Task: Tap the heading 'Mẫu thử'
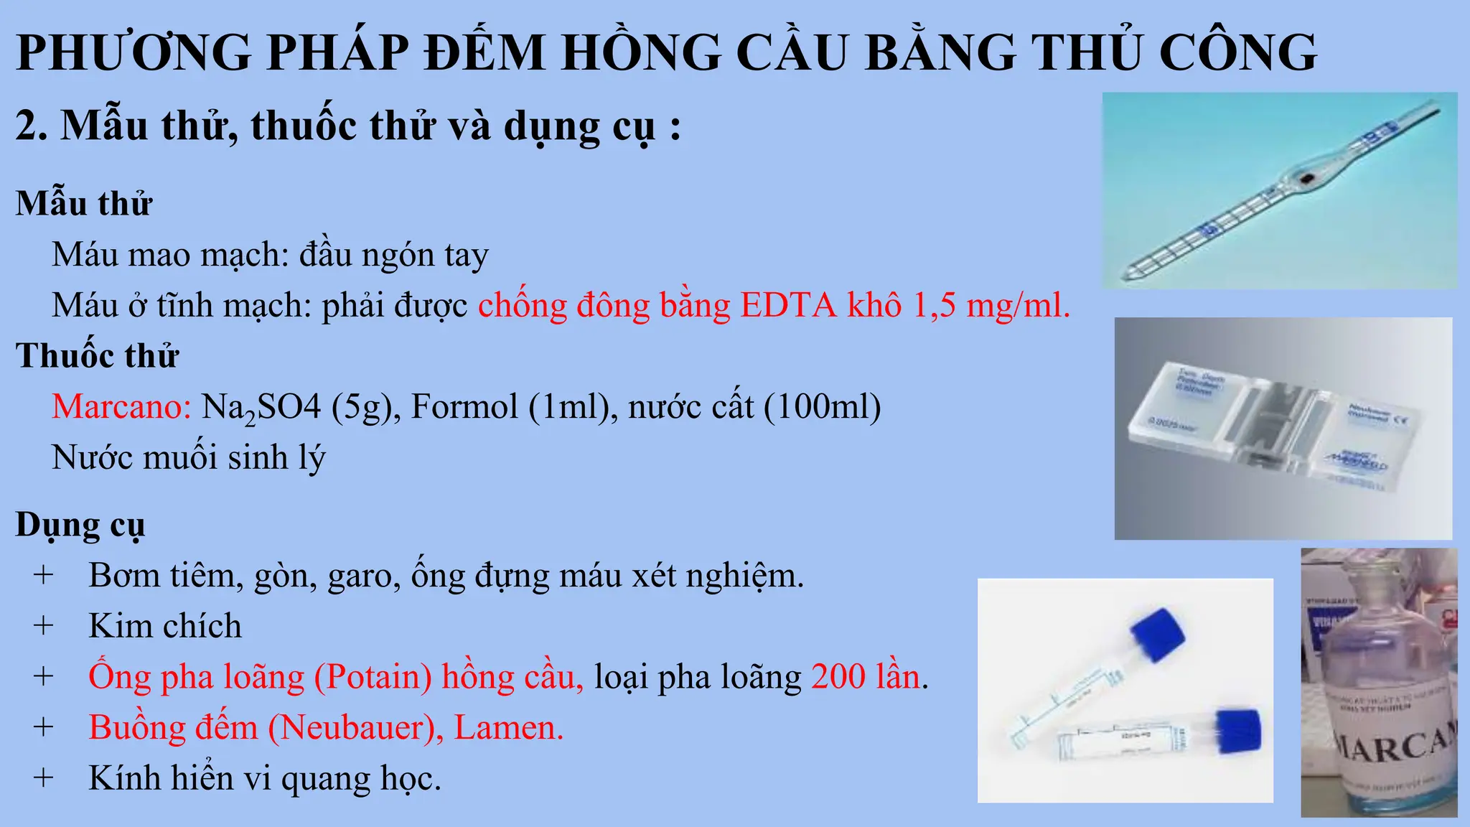click(84, 203)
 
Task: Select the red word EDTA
click(788, 305)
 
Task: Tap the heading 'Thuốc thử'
click(97, 355)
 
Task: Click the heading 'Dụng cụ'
click(80, 525)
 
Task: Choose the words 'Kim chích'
click(165, 626)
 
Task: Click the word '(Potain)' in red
click(373, 677)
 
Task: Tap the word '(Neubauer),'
click(356, 728)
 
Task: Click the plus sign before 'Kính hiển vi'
click(43, 778)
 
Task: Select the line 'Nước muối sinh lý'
click(188, 457)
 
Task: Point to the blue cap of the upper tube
click(1157, 634)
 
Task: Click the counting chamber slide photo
click(1283, 429)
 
